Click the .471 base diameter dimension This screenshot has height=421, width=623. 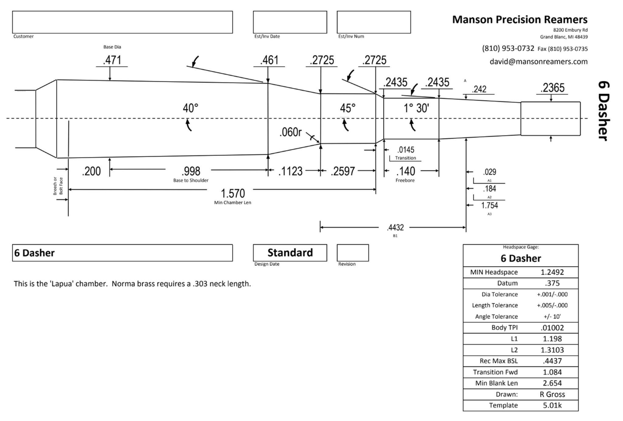(112, 60)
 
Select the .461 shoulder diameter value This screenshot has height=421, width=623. (269, 60)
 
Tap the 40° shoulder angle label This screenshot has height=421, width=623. (190, 108)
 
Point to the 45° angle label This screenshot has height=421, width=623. (348, 108)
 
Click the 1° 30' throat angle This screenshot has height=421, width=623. (416, 108)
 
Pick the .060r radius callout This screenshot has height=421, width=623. (291, 132)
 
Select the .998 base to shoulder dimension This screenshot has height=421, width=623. (191, 171)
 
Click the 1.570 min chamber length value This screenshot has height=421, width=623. (233, 193)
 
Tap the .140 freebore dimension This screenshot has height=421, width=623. (405, 171)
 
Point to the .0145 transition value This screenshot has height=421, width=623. (406, 150)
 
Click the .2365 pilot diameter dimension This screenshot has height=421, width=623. (552, 88)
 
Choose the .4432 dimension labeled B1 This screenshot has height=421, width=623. (395, 228)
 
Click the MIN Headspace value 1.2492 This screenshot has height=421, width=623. (552, 272)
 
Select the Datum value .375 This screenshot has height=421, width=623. (552, 283)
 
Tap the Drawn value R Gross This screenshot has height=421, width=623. (552, 394)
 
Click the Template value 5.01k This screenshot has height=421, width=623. (552, 405)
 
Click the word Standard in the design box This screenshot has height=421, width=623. (290, 253)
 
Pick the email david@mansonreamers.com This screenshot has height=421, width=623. (538, 62)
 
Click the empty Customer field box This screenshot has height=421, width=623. (122, 22)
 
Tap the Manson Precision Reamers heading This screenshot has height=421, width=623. (520, 19)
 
